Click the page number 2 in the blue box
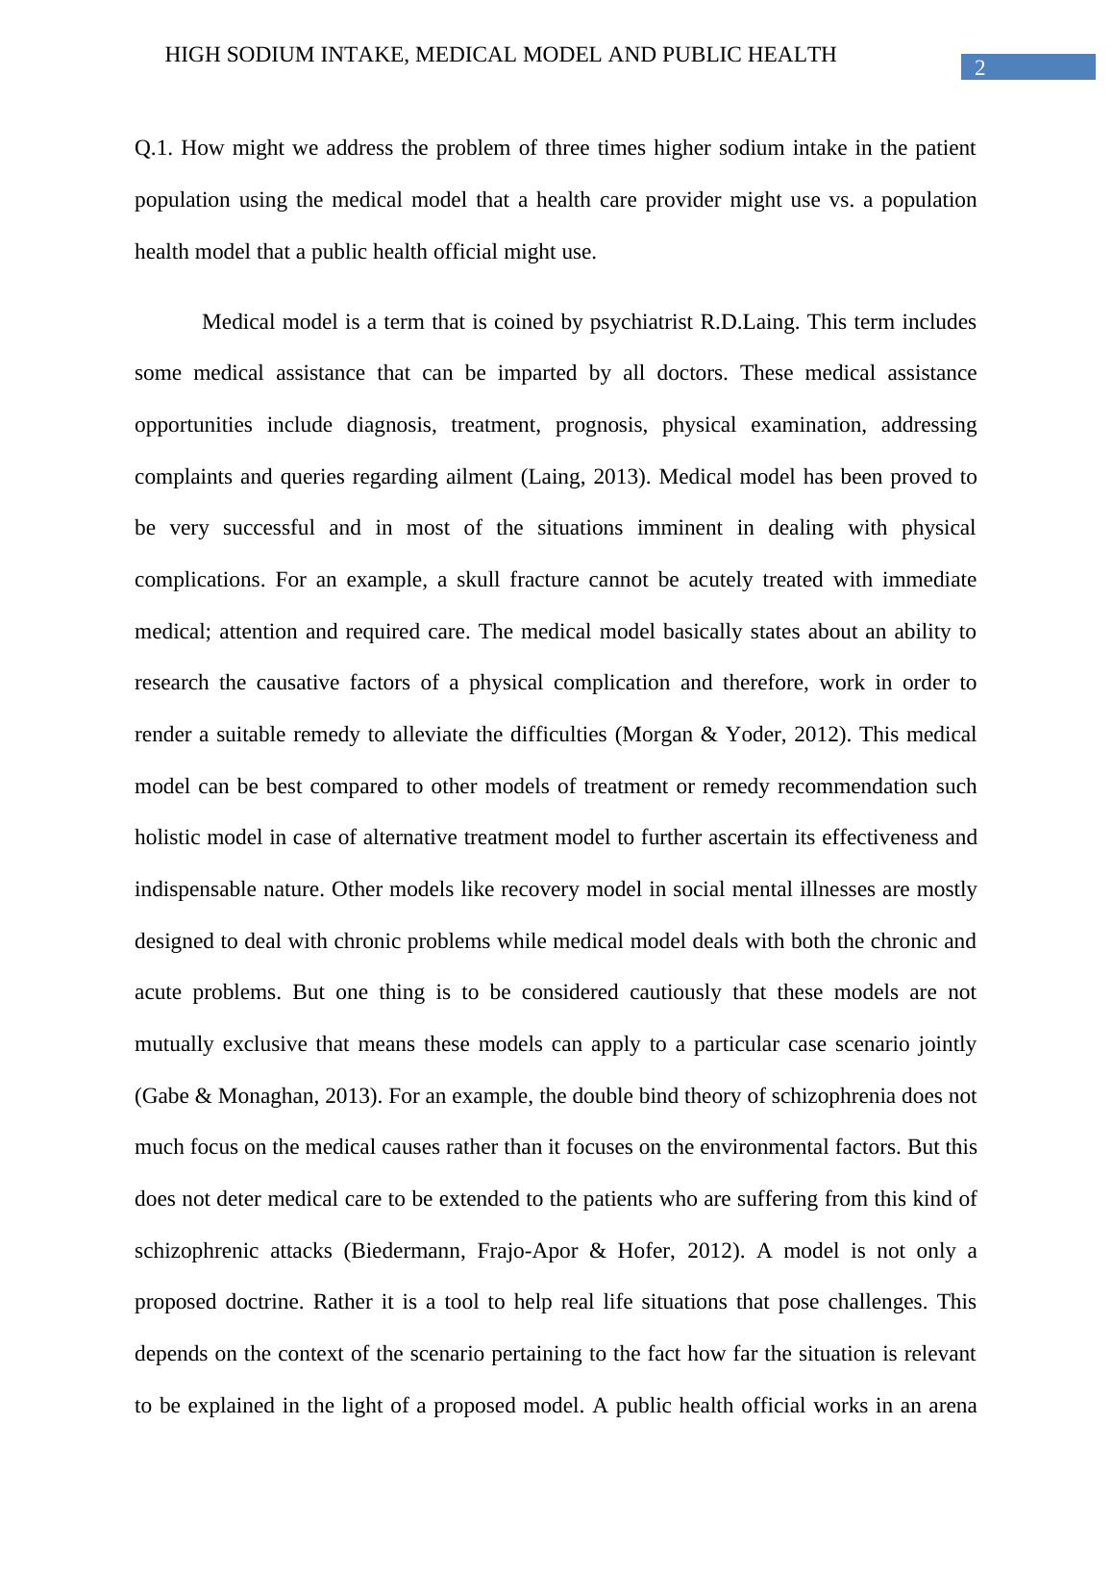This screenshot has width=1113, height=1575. click(x=980, y=67)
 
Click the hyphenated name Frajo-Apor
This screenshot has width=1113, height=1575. click(x=527, y=1251)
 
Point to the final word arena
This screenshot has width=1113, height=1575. click(x=949, y=1406)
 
